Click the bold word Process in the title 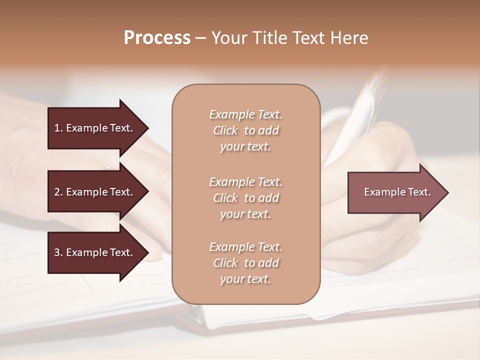(157, 38)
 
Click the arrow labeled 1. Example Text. (95, 128)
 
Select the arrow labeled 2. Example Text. (95, 192)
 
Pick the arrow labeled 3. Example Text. (95, 252)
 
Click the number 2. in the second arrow (58, 192)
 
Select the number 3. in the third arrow (58, 252)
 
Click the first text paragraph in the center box (245, 130)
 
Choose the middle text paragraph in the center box (245, 198)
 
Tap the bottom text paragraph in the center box (245, 263)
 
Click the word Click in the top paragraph (225, 130)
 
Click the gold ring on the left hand (107, 167)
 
